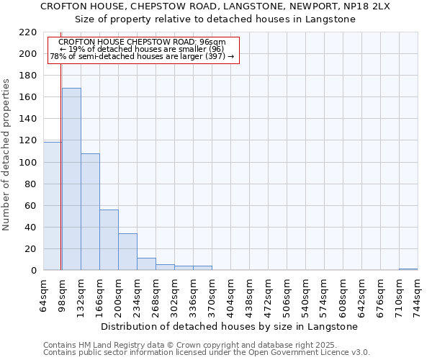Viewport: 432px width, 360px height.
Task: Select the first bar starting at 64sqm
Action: [x=52, y=206]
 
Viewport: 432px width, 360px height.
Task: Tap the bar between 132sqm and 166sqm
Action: [x=90, y=212]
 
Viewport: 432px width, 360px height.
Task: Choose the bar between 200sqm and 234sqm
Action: [x=127, y=252]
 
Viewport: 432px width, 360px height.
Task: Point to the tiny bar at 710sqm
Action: [x=408, y=269]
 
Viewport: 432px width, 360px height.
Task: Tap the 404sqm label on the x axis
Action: [x=230, y=296]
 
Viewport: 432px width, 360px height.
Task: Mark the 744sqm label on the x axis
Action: [x=418, y=296]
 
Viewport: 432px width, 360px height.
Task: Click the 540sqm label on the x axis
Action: [x=305, y=296]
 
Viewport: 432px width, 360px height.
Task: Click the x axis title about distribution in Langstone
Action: [x=230, y=326]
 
